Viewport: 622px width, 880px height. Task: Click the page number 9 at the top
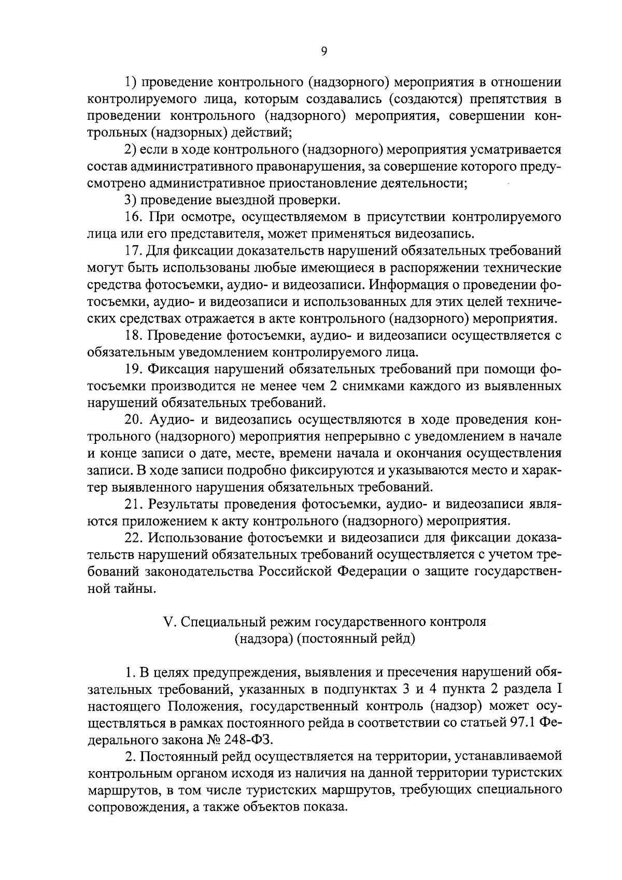point(323,50)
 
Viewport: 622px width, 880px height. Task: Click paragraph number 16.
point(133,216)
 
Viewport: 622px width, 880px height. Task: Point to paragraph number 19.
point(134,369)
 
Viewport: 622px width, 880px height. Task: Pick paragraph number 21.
point(134,504)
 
